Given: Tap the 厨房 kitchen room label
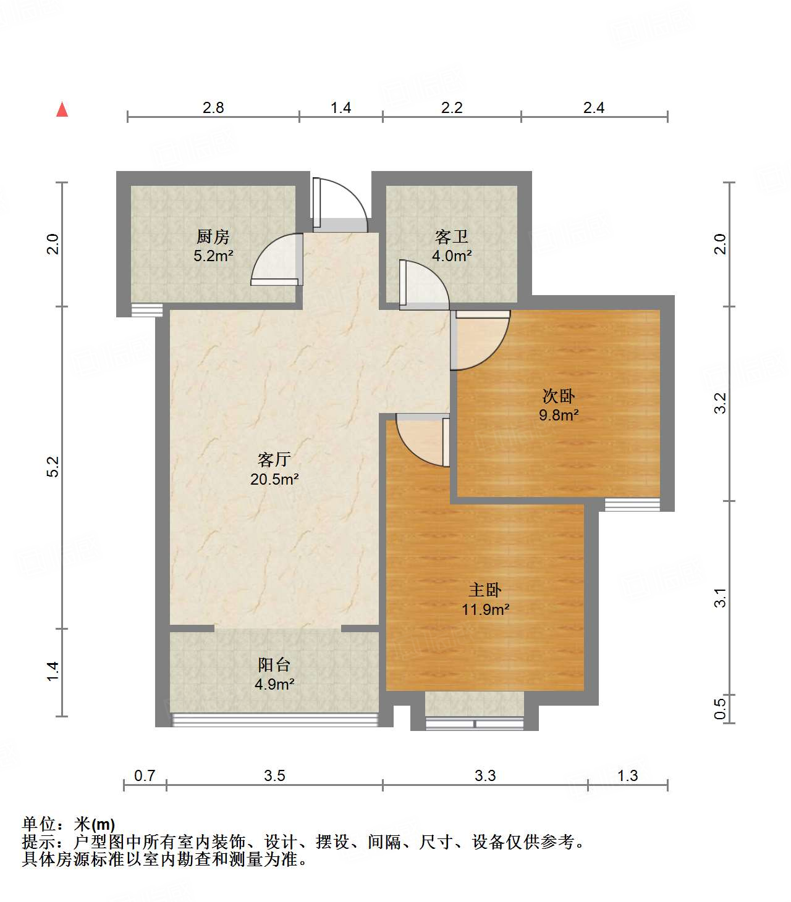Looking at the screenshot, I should pos(213,236).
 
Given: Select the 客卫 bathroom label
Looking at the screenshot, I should pos(452,236).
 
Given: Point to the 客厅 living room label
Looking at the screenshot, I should pos(274,459).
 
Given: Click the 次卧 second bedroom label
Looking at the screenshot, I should pos(559,396).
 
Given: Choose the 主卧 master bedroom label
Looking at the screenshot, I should pos(485,590).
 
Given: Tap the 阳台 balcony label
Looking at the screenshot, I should pos(274,665).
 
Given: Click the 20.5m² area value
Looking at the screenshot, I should pos(274,479).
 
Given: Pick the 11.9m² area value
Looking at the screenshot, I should pos(485,610).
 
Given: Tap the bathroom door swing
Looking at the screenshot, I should pos(424,285).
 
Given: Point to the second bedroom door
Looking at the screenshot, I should pos(481,341).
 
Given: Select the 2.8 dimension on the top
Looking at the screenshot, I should pos(213,107).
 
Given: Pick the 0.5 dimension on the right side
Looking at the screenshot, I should pos(721,708).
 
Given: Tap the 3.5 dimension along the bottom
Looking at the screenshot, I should pos(274,775).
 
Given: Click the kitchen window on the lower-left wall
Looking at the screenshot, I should pos(147,310).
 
